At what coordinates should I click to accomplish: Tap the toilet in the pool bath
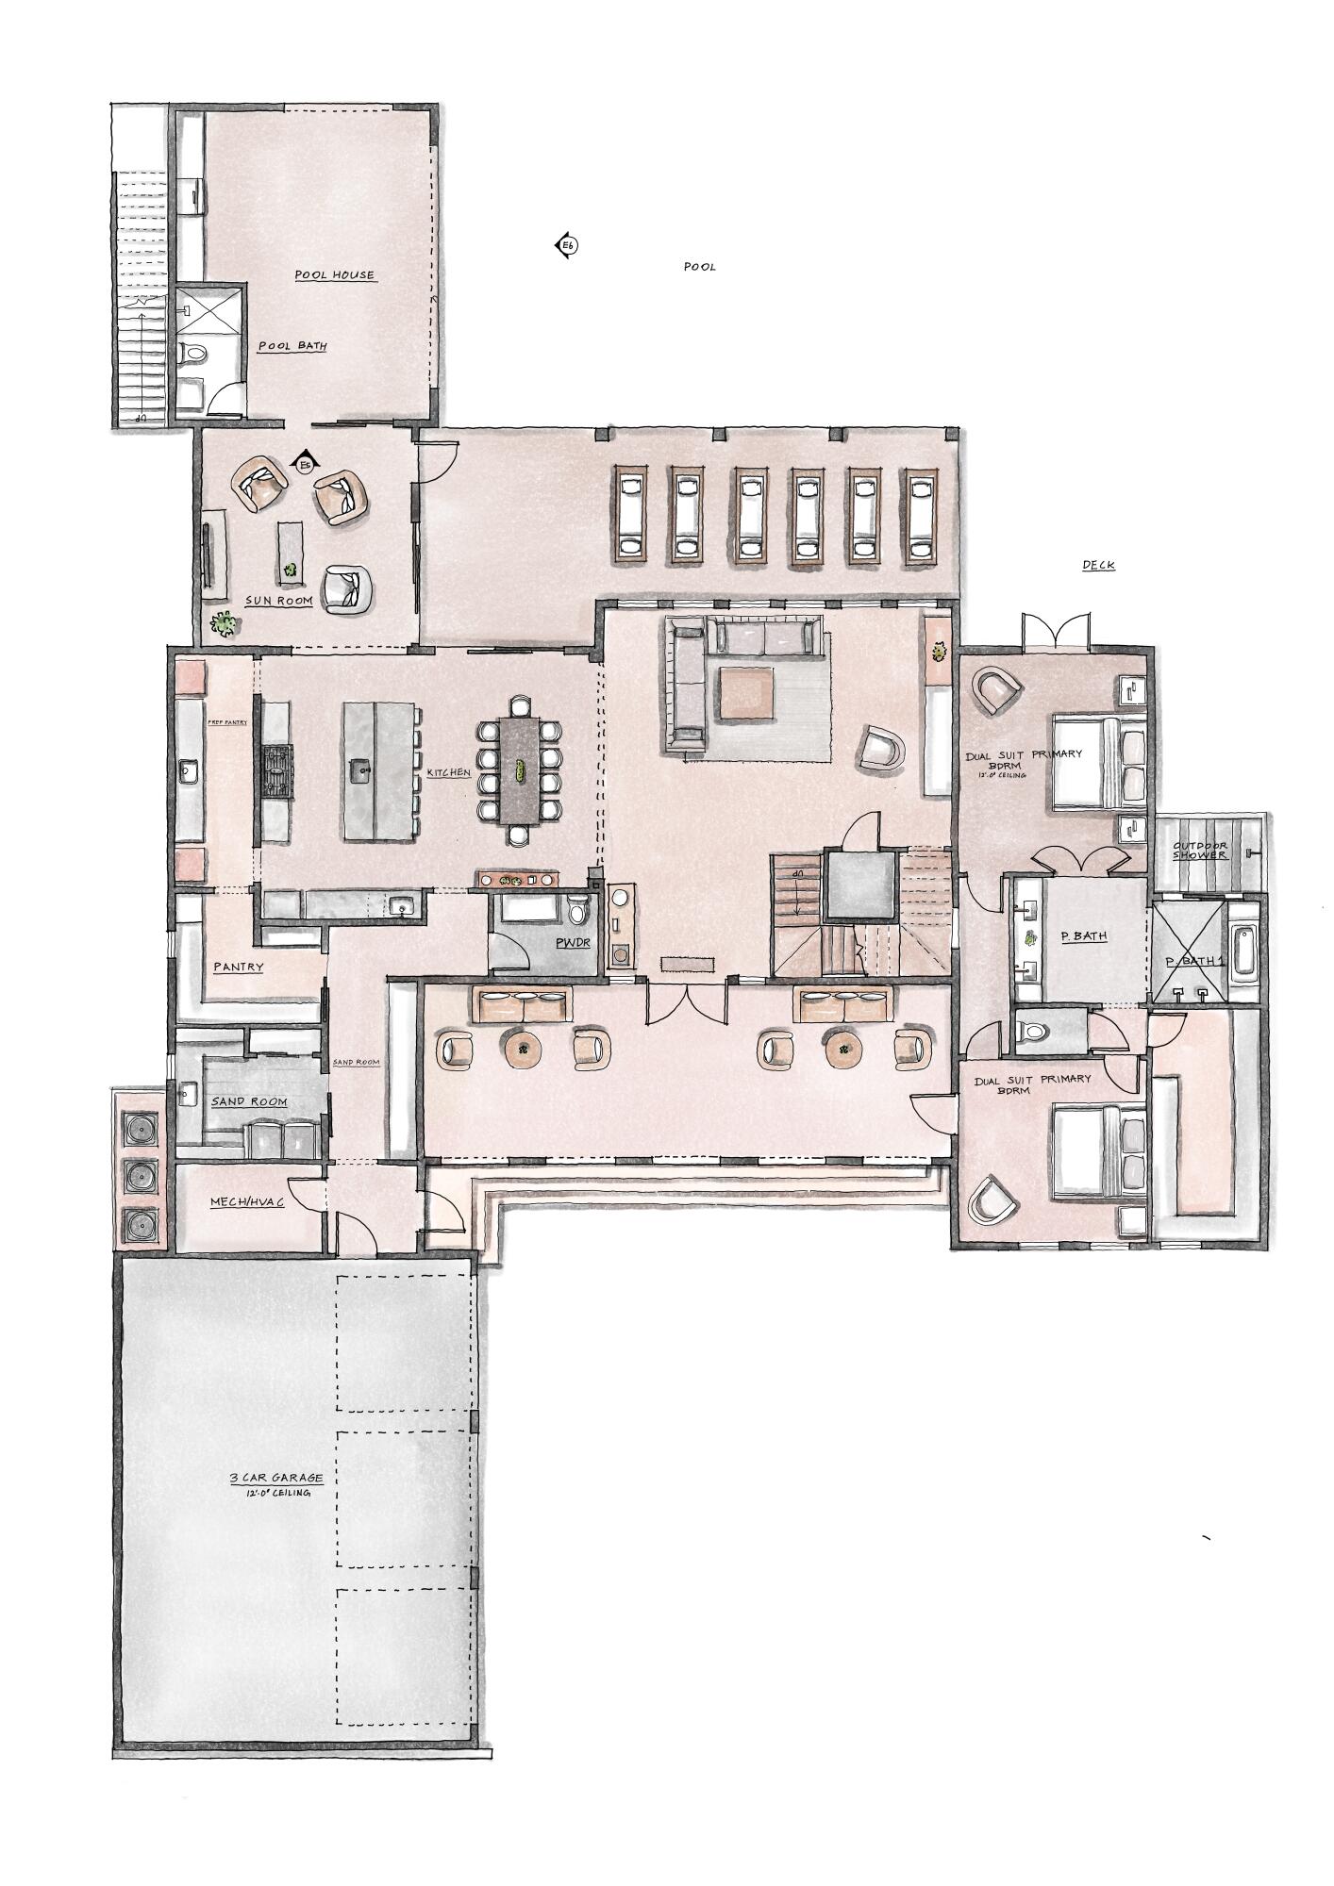[x=195, y=354]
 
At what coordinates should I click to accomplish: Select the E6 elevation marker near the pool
[x=566, y=246]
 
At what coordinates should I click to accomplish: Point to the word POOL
[x=699, y=267]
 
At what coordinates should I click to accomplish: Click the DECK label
[x=1098, y=565]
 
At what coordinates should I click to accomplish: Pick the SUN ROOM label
[x=279, y=601]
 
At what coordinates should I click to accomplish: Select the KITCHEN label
[x=448, y=772]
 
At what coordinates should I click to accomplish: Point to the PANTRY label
[x=238, y=967]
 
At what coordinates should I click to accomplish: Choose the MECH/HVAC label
[x=247, y=1202]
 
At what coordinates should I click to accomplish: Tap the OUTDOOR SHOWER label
[x=1200, y=851]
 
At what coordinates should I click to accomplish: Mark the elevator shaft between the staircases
[x=858, y=885]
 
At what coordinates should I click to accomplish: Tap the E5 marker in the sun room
[x=305, y=464]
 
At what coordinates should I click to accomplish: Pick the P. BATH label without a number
[x=1083, y=936]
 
